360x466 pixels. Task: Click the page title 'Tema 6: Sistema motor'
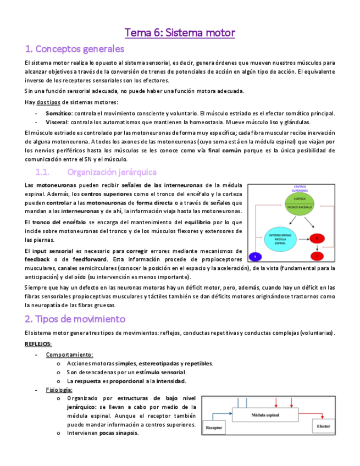(180, 33)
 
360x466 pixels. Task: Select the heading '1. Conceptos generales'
(75, 49)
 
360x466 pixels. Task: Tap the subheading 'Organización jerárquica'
(112, 172)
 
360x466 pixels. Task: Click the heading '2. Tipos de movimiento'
(75, 319)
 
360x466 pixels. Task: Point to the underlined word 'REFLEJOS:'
(38, 344)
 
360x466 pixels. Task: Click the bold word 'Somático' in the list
(58, 113)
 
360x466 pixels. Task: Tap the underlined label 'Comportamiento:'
(69, 354)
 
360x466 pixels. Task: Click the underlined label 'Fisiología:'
(59, 390)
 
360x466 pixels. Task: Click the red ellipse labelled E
(317, 256)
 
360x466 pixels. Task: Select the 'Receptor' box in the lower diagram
(214, 427)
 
